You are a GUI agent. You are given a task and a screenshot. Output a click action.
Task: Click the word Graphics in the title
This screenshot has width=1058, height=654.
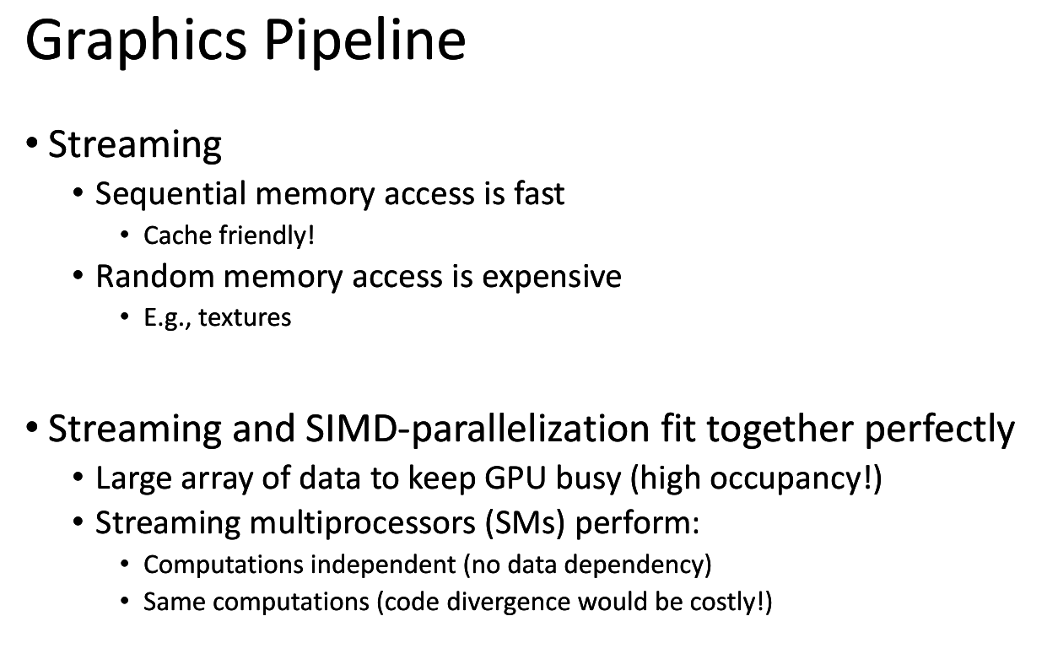(x=136, y=41)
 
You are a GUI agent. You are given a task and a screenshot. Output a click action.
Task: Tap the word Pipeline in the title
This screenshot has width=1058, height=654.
(x=365, y=41)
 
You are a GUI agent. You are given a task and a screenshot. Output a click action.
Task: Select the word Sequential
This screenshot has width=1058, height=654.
(x=170, y=194)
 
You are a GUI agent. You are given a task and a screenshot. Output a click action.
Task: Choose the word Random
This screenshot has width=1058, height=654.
(x=155, y=276)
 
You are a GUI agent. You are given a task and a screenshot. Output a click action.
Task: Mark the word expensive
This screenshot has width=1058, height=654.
(x=552, y=278)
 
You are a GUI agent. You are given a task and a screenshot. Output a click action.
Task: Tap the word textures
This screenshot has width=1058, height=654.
(x=245, y=317)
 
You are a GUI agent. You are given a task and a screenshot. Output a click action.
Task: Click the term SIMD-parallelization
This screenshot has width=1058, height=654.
(x=478, y=429)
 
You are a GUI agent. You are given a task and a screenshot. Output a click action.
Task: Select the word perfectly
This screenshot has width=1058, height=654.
(x=940, y=429)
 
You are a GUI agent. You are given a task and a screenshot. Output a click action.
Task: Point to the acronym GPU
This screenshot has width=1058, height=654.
(x=516, y=478)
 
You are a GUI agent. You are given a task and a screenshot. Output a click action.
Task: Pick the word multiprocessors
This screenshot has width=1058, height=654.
(x=362, y=523)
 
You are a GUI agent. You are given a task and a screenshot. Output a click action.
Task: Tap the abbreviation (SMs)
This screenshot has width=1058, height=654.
(x=526, y=523)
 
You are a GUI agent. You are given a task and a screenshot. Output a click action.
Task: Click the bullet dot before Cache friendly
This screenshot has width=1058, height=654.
(x=125, y=235)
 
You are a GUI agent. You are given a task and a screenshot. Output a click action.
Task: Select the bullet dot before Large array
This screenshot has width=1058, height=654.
(x=78, y=478)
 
